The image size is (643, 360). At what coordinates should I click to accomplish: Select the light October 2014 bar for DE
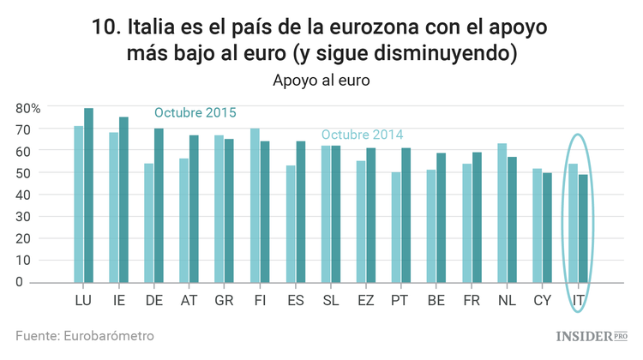(149, 223)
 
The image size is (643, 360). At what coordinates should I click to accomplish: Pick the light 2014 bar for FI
(255, 206)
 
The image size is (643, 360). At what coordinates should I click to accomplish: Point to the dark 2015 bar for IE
(123, 200)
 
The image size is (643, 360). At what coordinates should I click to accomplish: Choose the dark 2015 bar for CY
(547, 227)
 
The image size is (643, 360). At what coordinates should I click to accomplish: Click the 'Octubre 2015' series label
(195, 113)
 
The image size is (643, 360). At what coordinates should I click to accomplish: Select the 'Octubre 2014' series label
(362, 135)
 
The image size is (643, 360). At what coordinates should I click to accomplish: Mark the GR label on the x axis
(224, 300)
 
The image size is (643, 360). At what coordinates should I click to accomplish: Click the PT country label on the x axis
(400, 300)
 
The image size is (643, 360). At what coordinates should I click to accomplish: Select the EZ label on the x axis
(365, 300)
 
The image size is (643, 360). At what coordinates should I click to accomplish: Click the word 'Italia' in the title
(154, 27)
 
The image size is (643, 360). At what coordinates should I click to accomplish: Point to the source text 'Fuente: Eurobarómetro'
(85, 335)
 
